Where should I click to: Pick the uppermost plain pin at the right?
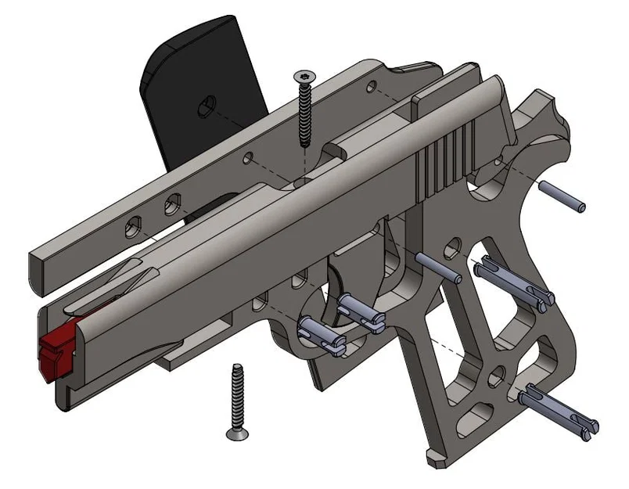pyautogui.click(x=562, y=196)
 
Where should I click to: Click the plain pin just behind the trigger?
pyautogui.click(x=438, y=267)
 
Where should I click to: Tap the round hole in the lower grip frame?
pyautogui.click(x=494, y=380)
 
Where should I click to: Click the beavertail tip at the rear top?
pyautogui.click(x=559, y=106)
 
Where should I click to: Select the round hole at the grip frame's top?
pyautogui.click(x=451, y=250)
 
